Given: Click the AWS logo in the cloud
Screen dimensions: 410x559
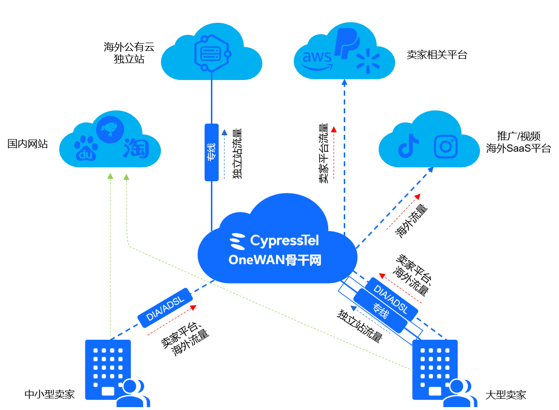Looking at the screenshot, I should pos(317,59).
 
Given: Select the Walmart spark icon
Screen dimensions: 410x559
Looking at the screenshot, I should pos(368,61).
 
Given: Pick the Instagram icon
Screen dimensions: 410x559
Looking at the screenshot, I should pos(446,146).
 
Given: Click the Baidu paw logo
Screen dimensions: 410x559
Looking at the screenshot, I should pos(86,148).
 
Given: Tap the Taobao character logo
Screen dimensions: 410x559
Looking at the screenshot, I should pos(136,148).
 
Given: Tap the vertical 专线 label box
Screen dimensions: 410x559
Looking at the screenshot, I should pos(211,152).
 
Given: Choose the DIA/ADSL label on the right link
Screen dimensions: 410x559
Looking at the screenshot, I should pos(390,299).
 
